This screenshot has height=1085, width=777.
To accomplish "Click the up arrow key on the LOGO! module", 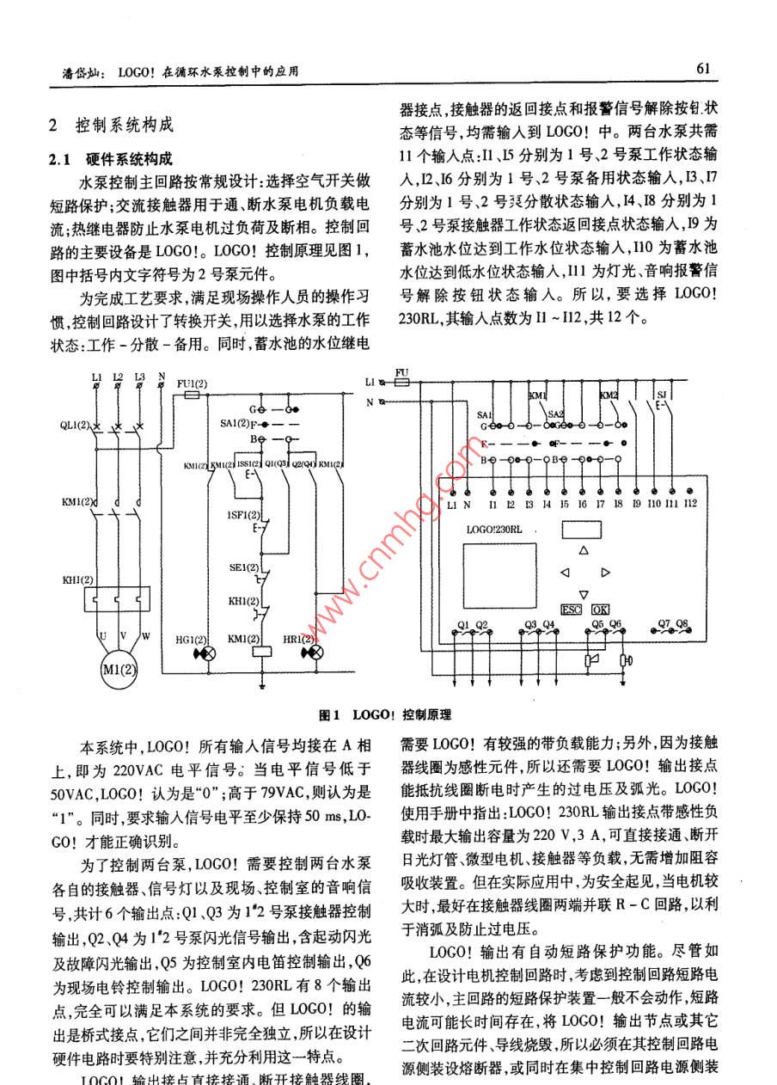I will pyautogui.click(x=584, y=549).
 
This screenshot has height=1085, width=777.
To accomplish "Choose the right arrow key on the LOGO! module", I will pyautogui.click(x=605, y=572).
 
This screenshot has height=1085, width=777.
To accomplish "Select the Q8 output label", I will pyautogui.click(x=683, y=622).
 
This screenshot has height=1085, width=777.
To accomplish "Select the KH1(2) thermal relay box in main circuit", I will pyautogui.click(x=116, y=598).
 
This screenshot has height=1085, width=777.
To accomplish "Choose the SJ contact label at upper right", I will pyautogui.click(x=660, y=395).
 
